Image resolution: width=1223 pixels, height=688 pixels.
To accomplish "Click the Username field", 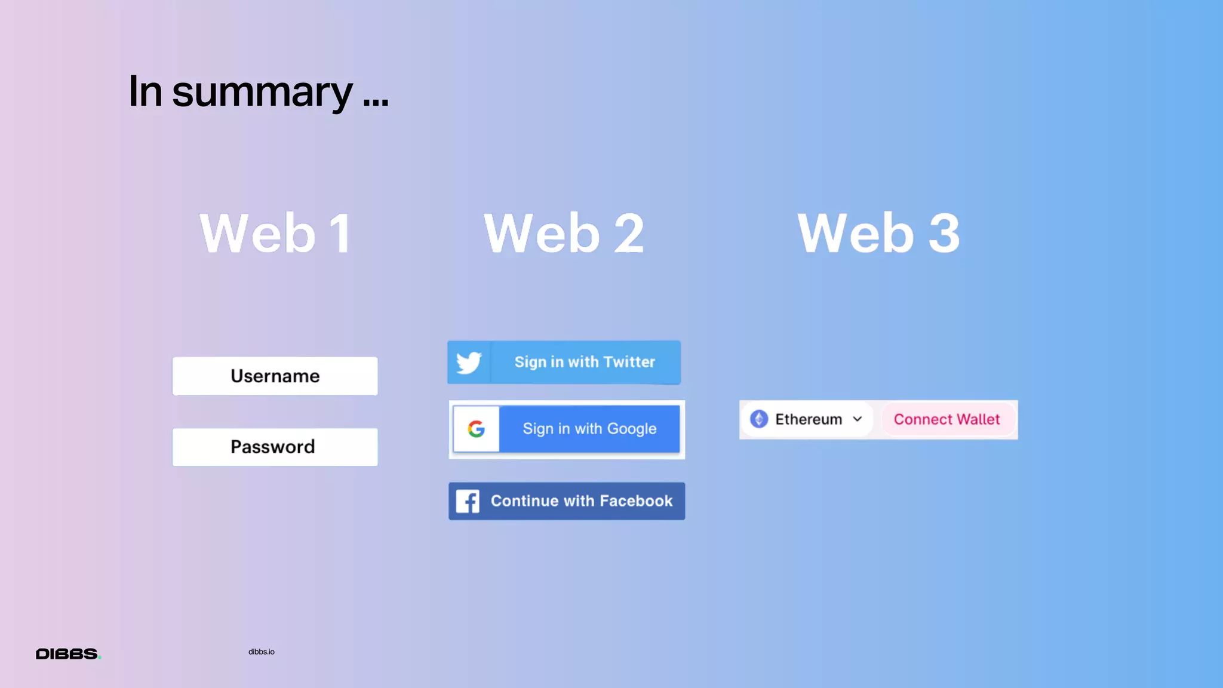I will (x=275, y=376).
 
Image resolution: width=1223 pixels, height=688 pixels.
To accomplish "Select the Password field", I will (x=275, y=447).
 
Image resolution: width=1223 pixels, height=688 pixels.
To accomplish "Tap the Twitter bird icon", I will (x=469, y=363).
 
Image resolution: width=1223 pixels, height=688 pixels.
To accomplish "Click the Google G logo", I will (x=476, y=429).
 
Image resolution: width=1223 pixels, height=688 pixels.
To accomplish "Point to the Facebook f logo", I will (x=468, y=502).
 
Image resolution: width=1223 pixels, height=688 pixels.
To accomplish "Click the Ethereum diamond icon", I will (x=759, y=419).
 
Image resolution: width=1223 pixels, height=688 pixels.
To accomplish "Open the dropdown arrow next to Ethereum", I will (x=858, y=419).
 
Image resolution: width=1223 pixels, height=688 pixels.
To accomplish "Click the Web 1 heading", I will (x=275, y=234).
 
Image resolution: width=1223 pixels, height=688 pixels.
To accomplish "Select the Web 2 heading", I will (x=564, y=234).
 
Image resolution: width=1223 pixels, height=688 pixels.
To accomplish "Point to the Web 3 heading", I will (x=878, y=234).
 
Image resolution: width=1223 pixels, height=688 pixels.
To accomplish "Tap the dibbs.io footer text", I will (x=262, y=652).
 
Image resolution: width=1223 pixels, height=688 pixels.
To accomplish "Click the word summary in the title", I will (x=262, y=93).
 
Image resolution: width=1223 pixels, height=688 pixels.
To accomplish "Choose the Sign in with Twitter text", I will (x=585, y=362).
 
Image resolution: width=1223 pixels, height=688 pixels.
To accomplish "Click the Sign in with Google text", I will (x=589, y=429).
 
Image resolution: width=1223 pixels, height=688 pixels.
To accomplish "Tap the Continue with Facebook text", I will (x=582, y=501).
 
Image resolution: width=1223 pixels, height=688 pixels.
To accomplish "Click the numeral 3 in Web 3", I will (x=944, y=234).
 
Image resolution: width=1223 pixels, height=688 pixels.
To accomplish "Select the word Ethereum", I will (x=809, y=419).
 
